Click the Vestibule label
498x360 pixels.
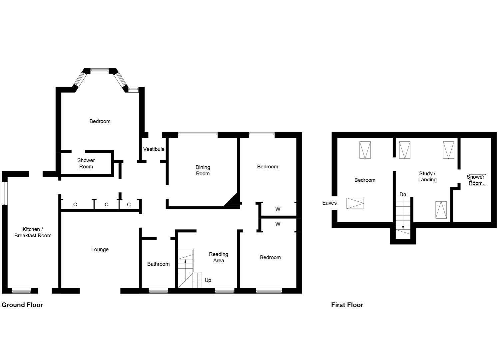(154, 149)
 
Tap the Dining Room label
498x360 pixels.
(203, 170)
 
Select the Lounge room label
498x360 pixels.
(100, 249)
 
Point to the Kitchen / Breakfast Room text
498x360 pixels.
(33, 232)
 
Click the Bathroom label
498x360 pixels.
(158, 264)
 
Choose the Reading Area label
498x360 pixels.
(219, 257)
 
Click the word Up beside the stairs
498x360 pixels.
(208, 280)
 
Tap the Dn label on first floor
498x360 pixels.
(403, 194)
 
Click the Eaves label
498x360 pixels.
(329, 203)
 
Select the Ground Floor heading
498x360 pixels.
(22, 305)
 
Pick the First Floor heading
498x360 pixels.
(347, 305)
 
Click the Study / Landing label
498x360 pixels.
(427, 176)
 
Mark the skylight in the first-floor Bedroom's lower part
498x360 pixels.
(355, 203)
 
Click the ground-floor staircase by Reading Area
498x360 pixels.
(188, 269)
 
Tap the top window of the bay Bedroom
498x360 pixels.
(100, 71)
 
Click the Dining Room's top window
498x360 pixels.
(198, 135)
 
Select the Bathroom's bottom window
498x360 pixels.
(158, 291)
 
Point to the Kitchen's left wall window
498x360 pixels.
(4, 193)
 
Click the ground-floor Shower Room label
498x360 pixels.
(86, 163)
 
